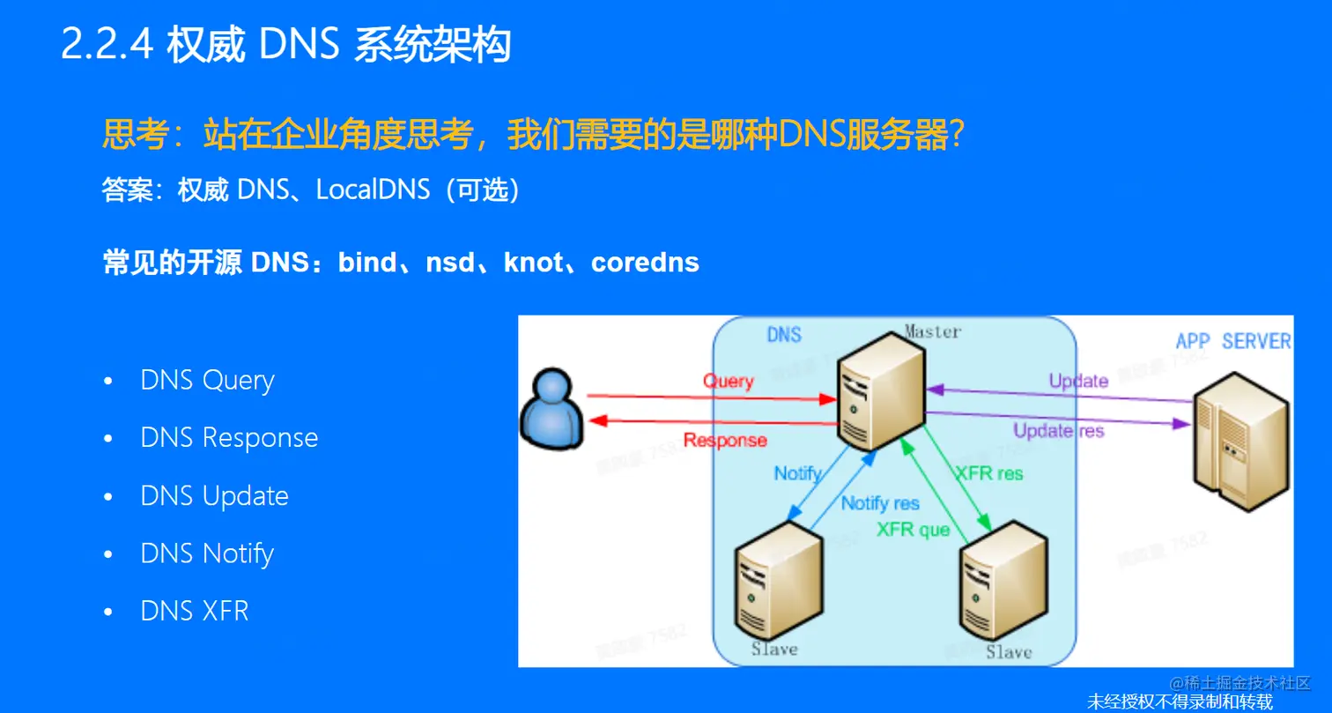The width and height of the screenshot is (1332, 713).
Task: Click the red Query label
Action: click(729, 382)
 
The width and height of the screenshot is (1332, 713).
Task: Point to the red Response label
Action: click(725, 440)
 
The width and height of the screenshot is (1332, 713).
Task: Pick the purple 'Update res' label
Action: click(1058, 431)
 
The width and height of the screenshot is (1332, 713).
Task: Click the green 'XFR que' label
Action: click(914, 530)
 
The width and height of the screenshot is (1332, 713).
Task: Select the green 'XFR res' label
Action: click(989, 473)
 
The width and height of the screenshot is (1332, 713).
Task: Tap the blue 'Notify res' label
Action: click(879, 503)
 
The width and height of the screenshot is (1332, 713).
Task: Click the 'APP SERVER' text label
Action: click(1233, 341)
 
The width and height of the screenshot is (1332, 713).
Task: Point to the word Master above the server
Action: click(932, 332)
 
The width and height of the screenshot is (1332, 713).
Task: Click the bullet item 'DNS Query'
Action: click(207, 381)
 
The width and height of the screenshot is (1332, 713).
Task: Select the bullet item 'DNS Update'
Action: click(214, 496)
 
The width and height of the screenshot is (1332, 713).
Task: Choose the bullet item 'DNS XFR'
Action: click(195, 611)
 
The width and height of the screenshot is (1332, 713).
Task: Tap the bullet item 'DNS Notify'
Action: click(207, 553)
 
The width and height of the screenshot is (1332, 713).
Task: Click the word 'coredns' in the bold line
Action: click(645, 263)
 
